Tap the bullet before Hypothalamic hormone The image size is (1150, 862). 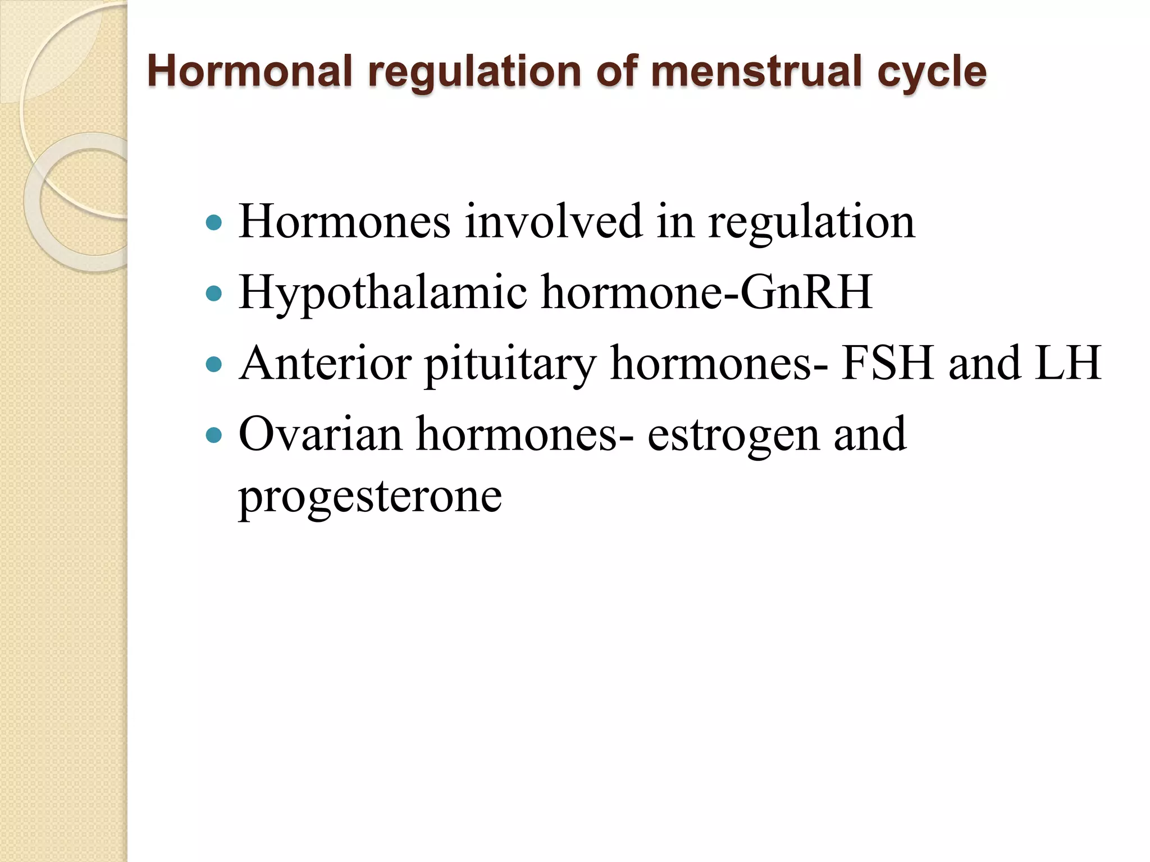click(x=214, y=293)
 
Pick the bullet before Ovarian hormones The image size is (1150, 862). click(x=214, y=435)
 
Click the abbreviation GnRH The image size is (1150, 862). click(x=806, y=292)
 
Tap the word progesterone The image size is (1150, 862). click(x=370, y=497)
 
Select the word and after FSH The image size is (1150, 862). click(x=984, y=363)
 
